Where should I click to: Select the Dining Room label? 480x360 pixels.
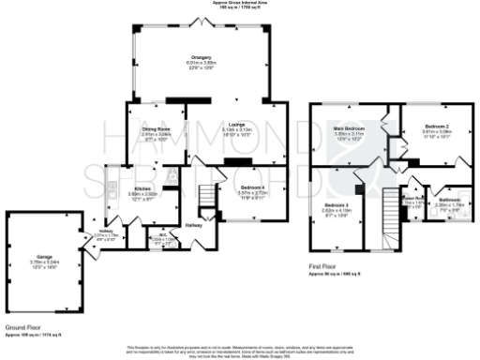coord(156,128)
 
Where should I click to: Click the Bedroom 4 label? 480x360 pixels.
coord(239,187)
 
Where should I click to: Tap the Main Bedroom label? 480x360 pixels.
coord(348,127)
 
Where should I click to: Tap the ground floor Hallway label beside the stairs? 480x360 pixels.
coord(193,225)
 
